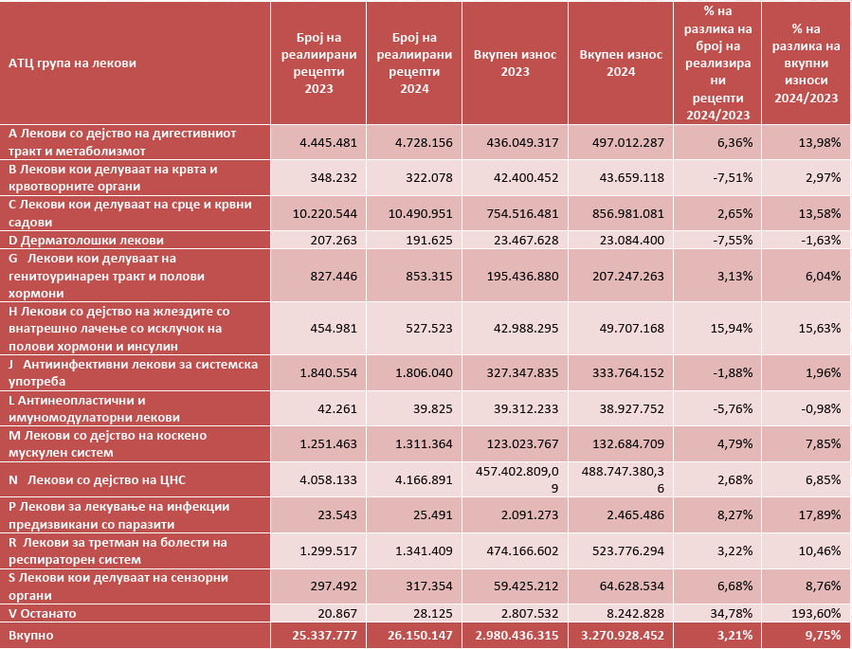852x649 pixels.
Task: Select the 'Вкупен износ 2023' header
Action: coord(515,63)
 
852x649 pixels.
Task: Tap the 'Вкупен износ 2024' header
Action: coord(620,63)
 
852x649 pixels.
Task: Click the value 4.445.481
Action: coord(327,142)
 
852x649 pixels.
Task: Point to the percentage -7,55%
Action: coord(731,241)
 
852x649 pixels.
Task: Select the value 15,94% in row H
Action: coord(731,329)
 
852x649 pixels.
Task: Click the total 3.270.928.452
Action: coord(621,635)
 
